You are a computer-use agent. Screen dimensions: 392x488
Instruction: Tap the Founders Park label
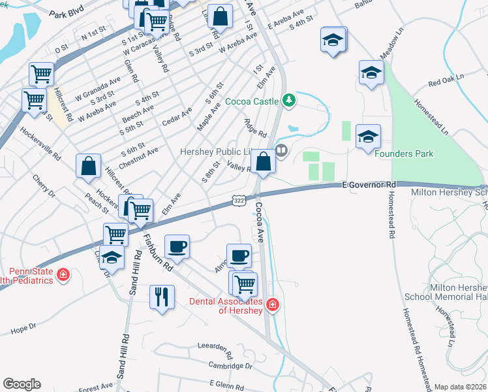[x=404, y=154]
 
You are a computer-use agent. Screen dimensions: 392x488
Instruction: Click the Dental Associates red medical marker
[x=273, y=304]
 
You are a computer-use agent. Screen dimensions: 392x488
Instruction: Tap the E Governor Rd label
[x=369, y=186]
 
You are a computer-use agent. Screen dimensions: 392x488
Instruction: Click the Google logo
[x=22, y=384]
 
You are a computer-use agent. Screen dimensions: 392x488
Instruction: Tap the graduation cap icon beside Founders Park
[x=368, y=136]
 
